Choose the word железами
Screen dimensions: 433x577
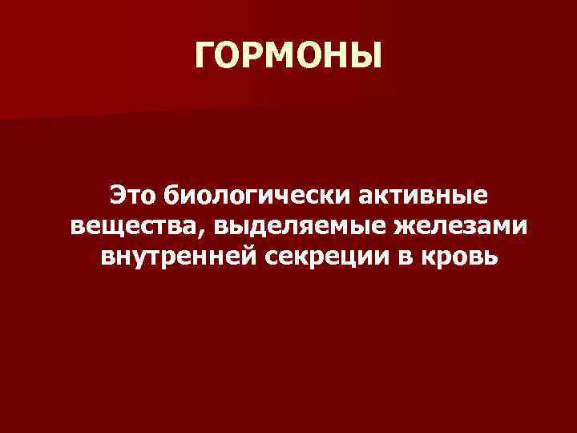click(x=453, y=227)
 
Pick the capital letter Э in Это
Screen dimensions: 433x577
click(x=119, y=195)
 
